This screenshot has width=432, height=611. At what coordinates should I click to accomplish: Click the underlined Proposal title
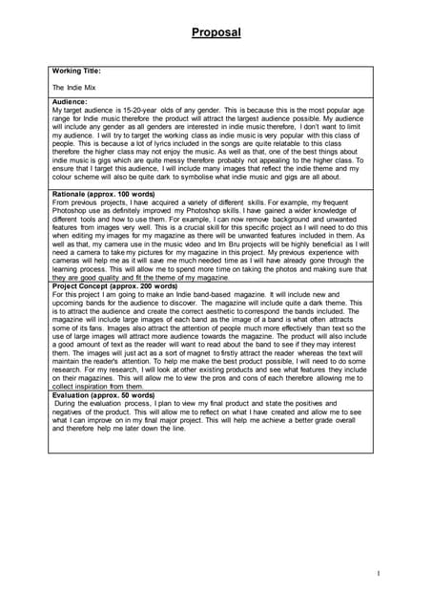(216, 32)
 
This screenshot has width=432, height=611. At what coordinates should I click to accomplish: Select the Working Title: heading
(77, 71)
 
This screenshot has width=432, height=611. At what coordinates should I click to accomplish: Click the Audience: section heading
(70, 101)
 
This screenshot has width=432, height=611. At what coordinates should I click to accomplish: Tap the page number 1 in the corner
(379, 574)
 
